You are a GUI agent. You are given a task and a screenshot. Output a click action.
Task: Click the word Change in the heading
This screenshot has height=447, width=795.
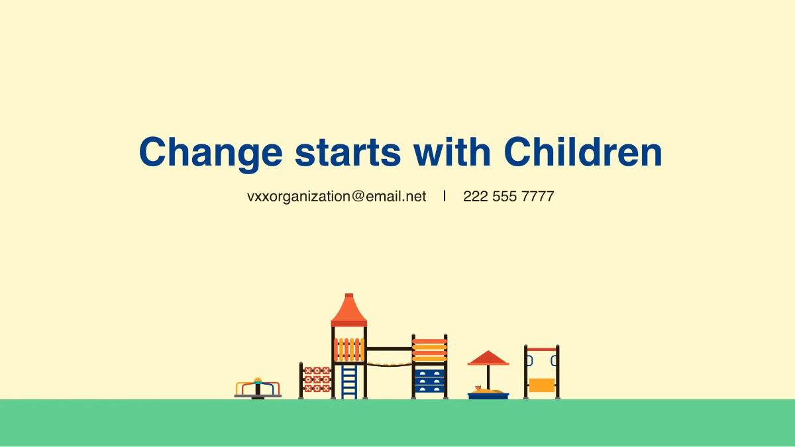tap(210, 152)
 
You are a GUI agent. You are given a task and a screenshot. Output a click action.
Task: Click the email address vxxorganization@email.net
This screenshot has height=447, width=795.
tap(337, 197)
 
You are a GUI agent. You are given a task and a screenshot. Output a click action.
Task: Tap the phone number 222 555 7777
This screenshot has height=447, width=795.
tap(508, 197)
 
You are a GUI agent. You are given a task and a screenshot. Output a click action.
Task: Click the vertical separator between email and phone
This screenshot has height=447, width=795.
tap(445, 196)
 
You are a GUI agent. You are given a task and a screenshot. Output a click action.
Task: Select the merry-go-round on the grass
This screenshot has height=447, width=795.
tap(258, 390)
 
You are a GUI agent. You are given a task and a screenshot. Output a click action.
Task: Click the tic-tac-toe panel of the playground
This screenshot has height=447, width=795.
tap(317, 379)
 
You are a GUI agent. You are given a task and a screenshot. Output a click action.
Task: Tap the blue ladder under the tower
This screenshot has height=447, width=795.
tap(349, 381)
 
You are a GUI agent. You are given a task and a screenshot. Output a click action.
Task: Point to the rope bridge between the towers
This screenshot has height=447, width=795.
tap(389, 363)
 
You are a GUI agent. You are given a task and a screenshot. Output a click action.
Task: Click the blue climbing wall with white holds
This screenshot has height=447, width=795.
tap(429, 382)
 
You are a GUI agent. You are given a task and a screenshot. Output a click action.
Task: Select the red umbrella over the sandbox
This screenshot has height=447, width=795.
tap(488, 358)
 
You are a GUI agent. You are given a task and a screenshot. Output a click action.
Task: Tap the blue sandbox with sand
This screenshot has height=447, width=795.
tap(488, 395)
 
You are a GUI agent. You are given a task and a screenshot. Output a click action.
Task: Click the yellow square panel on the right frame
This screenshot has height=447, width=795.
tap(541, 385)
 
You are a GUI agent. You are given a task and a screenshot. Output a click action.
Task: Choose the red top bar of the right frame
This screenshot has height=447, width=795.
tap(541, 349)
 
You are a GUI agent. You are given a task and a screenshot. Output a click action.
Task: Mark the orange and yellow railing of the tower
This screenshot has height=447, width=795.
tap(349, 349)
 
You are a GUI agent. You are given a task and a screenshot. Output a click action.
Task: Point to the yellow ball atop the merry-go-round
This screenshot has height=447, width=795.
tap(258, 381)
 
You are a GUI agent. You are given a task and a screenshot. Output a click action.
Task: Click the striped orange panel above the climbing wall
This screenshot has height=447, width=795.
tap(429, 350)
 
